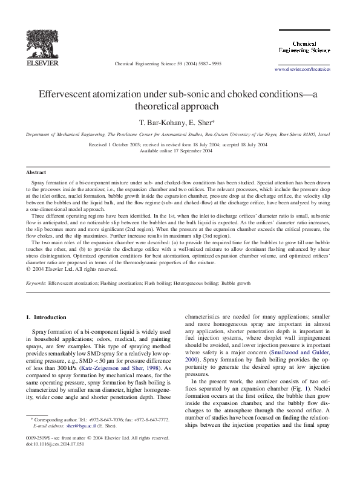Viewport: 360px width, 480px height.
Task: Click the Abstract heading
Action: point(36,172)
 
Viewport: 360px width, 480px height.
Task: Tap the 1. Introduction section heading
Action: point(48,317)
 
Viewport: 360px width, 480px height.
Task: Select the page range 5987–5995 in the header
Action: point(208,63)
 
